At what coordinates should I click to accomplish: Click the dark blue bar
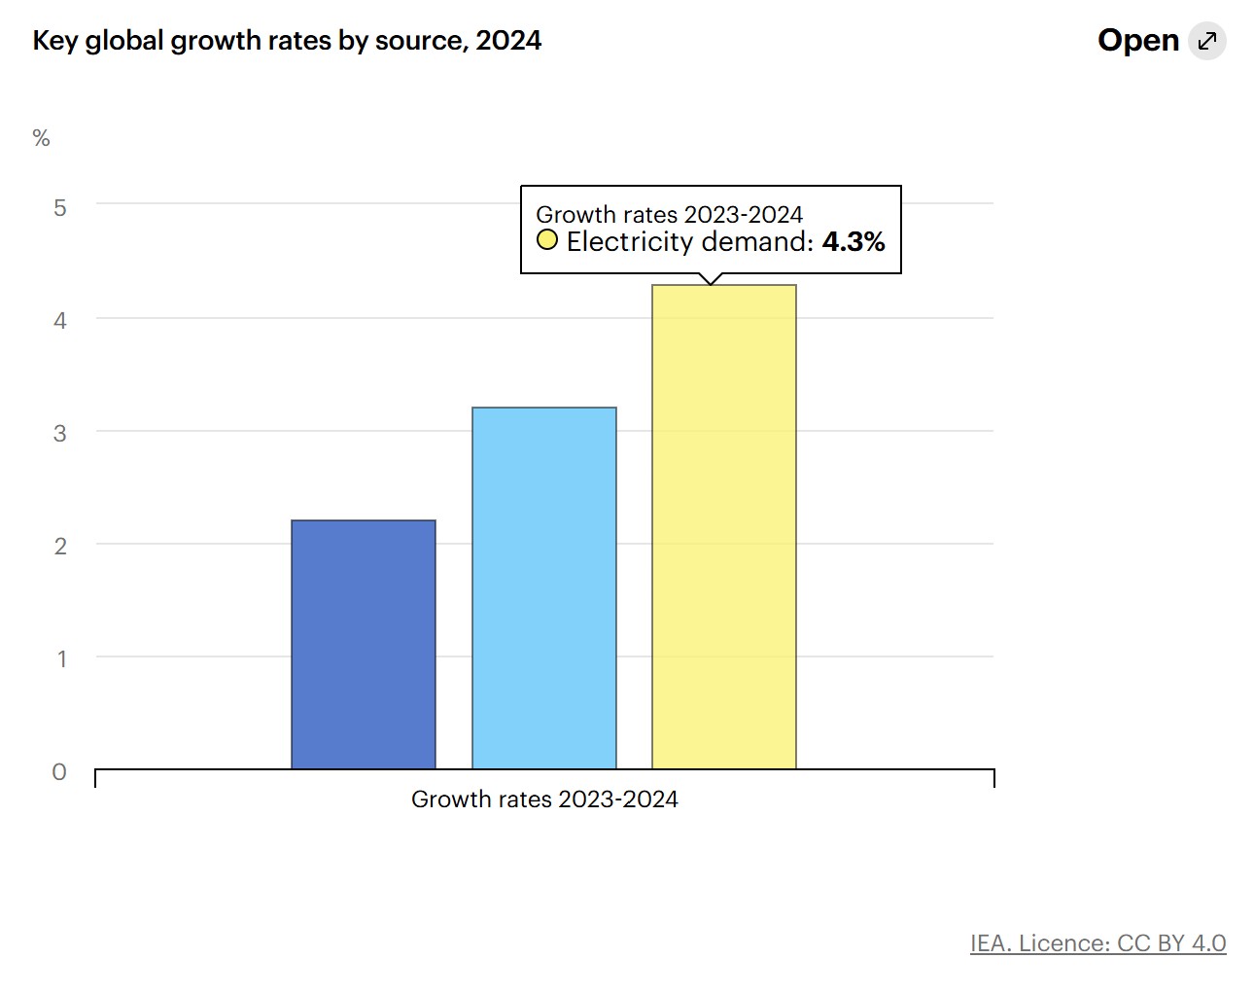pos(364,644)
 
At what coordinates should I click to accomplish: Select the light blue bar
pos(544,587)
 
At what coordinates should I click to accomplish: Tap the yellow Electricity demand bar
pos(724,526)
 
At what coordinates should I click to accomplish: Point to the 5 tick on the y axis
pos(60,207)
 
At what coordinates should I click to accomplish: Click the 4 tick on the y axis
pos(60,320)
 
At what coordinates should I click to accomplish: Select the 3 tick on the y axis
pos(60,433)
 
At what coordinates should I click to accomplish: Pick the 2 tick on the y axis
pos(60,546)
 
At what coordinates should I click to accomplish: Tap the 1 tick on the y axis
pos(61,658)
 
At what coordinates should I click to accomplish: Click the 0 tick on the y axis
pos(59,771)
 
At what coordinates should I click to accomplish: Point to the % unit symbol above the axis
pos(41,138)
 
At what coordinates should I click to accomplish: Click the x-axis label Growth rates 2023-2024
pos(544,799)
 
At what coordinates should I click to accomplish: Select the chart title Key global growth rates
pos(243,41)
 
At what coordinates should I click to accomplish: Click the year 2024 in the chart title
pos(508,41)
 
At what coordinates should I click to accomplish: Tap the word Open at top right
pos(1137,41)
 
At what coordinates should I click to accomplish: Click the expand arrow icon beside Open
pos(1207,41)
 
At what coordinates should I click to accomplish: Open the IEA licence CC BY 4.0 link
pos(1097,942)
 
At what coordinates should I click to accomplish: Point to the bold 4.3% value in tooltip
pos(853,242)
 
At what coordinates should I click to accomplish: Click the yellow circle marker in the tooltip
pos(547,240)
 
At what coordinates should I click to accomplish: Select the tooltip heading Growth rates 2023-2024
pos(669,214)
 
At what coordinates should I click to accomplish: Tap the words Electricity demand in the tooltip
pos(689,242)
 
